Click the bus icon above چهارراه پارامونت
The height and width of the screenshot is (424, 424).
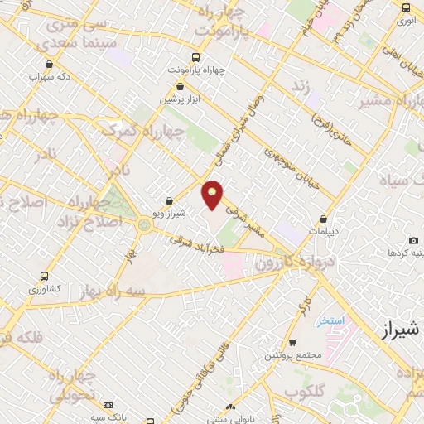(x=195, y=57)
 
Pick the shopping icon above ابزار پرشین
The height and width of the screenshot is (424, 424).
(x=180, y=86)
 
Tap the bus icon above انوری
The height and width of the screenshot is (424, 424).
(x=406, y=7)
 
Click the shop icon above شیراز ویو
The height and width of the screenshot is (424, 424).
(x=169, y=200)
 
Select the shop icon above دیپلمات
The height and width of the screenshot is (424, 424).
(x=324, y=219)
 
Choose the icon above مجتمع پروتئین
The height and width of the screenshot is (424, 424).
(x=291, y=342)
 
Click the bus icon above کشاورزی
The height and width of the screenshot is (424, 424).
(x=43, y=277)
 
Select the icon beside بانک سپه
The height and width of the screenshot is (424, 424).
(x=108, y=405)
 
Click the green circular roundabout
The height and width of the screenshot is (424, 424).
(x=145, y=224)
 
